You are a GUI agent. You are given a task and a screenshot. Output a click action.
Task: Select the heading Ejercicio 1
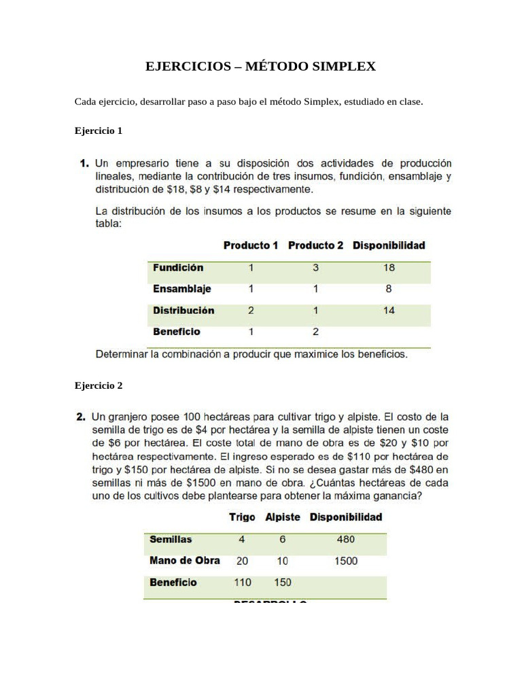(x=98, y=130)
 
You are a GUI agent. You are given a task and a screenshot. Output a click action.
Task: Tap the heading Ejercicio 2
(x=98, y=385)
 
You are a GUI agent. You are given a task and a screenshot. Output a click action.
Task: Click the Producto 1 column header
(x=251, y=245)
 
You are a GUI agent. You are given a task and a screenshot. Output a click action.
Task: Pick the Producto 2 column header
(x=315, y=245)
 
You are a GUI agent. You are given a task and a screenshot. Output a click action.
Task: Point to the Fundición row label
(x=178, y=268)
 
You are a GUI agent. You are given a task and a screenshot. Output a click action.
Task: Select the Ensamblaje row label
(x=182, y=289)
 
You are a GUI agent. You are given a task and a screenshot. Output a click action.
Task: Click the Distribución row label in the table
(x=184, y=311)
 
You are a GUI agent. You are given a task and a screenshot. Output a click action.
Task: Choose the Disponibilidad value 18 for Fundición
(x=389, y=268)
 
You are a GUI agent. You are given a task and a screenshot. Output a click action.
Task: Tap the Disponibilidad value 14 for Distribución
(x=389, y=311)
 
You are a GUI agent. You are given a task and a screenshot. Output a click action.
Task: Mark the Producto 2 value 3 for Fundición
(x=315, y=268)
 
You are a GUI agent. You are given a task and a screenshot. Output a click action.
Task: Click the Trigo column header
(x=242, y=517)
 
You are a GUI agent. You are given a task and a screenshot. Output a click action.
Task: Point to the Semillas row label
(x=171, y=540)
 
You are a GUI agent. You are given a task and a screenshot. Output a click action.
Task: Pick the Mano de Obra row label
(x=184, y=561)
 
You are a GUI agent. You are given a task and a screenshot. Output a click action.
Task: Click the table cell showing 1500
(x=346, y=561)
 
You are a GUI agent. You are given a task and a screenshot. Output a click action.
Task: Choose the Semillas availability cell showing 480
(x=346, y=540)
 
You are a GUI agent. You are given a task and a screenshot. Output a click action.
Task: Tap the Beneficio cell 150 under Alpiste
(x=283, y=582)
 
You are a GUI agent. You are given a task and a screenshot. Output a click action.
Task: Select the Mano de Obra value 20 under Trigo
(x=242, y=561)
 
